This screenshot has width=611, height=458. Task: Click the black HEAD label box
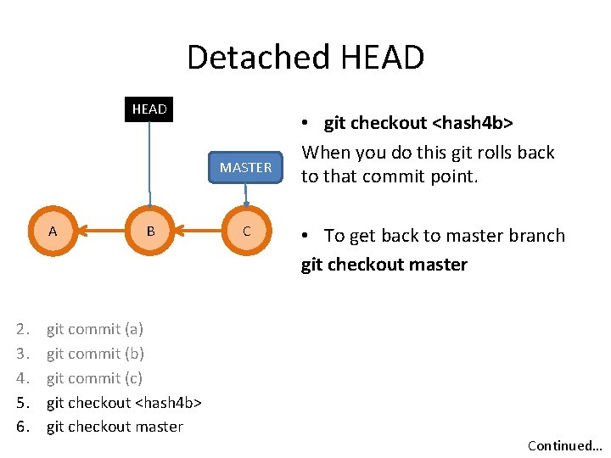[x=149, y=109]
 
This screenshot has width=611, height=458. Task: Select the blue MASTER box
[x=245, y=167]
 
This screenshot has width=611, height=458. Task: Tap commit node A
[x=53, y=231]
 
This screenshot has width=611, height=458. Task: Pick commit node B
[x=150, y=231]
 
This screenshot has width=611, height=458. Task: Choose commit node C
[x=246, y=231]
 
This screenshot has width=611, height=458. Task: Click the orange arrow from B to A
[x=102, y=231]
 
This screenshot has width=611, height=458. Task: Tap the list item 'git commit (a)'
[x=94, y=329]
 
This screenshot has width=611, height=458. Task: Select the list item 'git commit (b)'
[x=95, y=354]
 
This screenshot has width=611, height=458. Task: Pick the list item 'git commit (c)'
[x=94, y=378]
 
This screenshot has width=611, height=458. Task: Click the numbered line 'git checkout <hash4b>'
[x=123, y=402]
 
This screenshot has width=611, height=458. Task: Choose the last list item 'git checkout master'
[x=115, y=427]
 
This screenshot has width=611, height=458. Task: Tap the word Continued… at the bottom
[x=563, y=445]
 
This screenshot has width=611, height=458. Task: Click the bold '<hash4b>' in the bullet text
[x=472, y=123]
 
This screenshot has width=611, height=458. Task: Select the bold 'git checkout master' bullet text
[x=384, y=265]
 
